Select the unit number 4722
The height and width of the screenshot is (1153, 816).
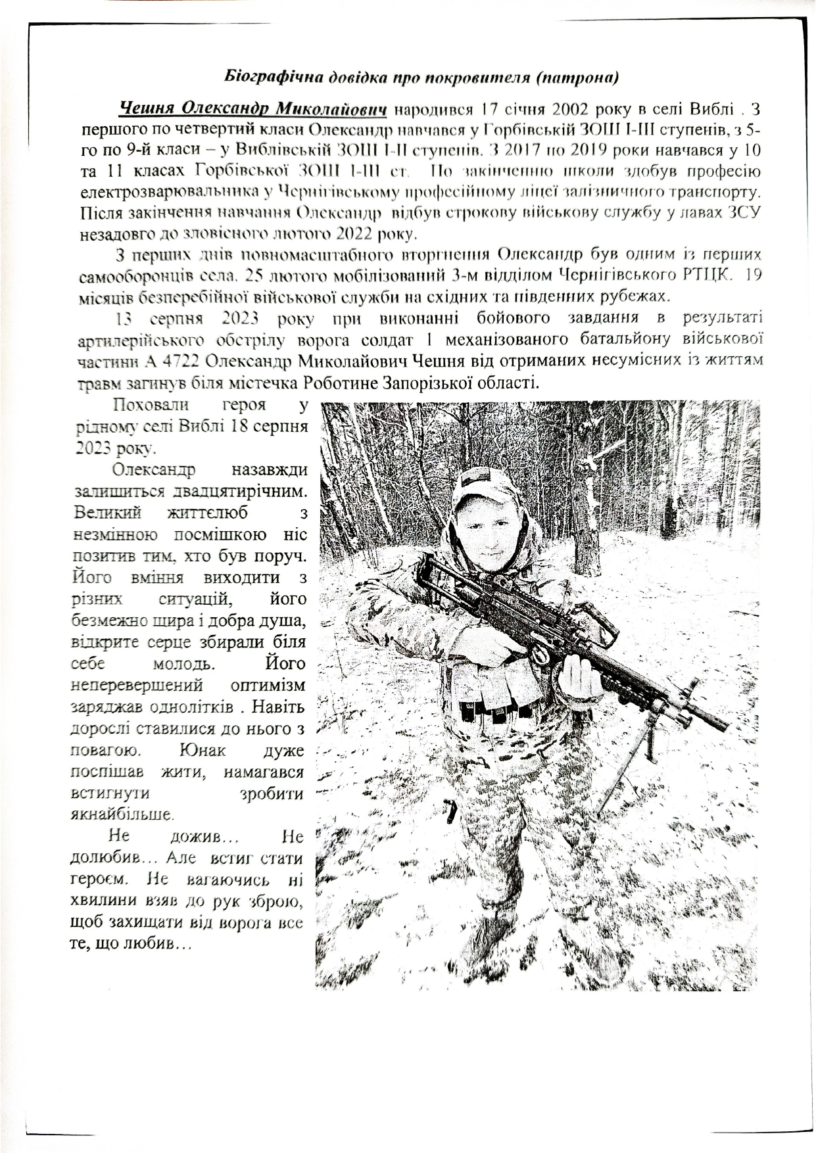pos(175,362)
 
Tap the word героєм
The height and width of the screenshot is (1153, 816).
pos(103,878)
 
